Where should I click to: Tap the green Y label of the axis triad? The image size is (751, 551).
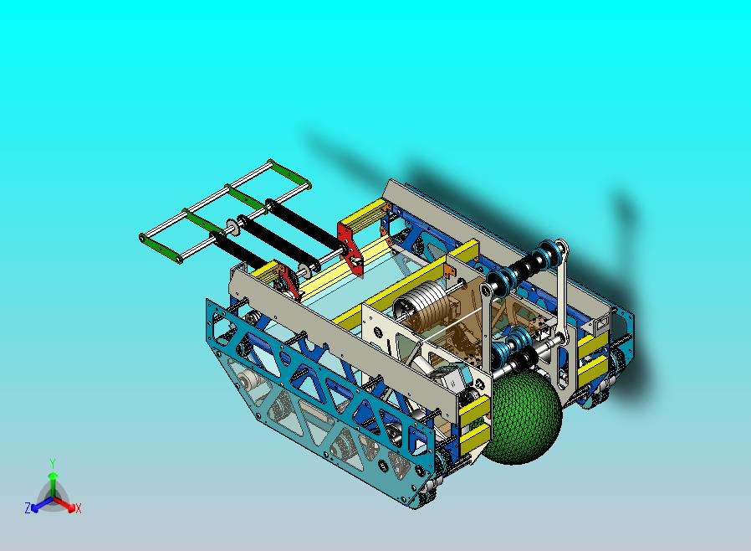pos(53,463)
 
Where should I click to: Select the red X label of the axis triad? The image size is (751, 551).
pos(78,508)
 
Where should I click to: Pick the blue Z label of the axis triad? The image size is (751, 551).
pos(28,508)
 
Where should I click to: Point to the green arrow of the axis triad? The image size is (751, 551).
pos(53,481)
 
